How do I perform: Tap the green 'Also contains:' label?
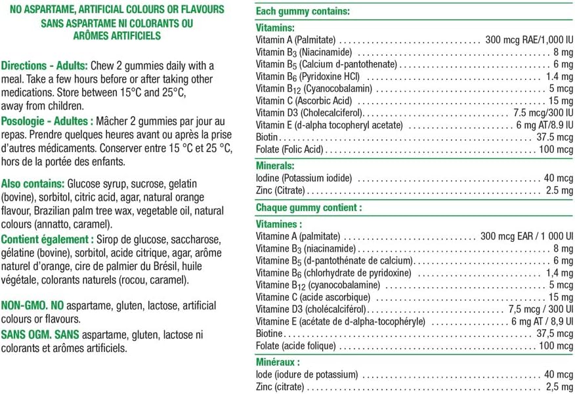(x=33, y=184)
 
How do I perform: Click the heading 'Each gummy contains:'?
(x=302, y=11)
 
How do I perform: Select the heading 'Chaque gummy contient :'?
(x=309, y=207)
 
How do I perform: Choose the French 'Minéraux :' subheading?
(x=278, y=361)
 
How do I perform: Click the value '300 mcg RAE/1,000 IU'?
(x=529, y=39)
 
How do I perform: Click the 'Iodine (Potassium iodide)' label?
(x=303, y=178)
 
